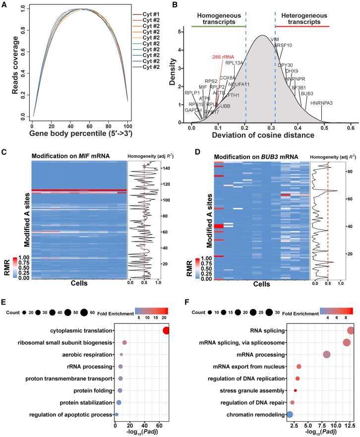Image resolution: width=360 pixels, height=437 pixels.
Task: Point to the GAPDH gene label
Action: pyautogui.click(x=193, y=110)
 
